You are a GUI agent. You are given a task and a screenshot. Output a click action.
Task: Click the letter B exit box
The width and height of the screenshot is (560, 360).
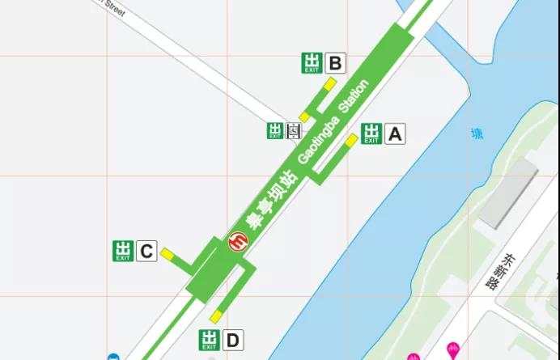click(335, 62)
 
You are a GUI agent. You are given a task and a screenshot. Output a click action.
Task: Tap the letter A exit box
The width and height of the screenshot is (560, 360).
click(394, 133)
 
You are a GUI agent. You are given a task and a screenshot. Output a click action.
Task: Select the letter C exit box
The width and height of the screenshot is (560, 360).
click(146, 252)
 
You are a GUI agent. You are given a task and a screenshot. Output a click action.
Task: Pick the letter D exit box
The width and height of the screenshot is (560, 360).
click(232, 340)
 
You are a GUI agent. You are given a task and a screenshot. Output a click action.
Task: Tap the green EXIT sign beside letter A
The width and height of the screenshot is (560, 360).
click(371, 133)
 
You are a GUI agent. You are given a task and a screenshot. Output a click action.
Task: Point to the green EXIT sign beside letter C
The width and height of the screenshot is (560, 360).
click(123, 252)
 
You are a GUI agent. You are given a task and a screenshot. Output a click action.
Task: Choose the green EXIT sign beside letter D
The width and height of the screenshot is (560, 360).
click(210, 340)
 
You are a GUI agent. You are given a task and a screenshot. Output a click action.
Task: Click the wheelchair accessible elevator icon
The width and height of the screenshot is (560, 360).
click(294, 130)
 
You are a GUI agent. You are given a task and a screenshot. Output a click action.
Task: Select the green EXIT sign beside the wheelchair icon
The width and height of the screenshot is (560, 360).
click(275, 130)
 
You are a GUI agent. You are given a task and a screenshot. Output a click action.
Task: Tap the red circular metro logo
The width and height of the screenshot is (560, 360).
click(240, 241)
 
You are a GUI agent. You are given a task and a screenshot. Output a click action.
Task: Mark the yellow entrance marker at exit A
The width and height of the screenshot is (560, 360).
click(351, 140)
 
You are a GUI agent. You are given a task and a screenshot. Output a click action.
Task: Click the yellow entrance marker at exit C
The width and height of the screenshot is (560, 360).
click(167, 255)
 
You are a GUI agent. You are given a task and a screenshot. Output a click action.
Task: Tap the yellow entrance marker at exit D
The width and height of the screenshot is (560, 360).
click(215, 316)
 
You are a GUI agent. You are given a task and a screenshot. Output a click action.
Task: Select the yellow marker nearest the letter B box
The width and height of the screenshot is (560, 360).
click(330, 83)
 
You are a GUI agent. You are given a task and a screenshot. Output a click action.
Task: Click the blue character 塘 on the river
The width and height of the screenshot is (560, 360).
click(477, 134)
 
